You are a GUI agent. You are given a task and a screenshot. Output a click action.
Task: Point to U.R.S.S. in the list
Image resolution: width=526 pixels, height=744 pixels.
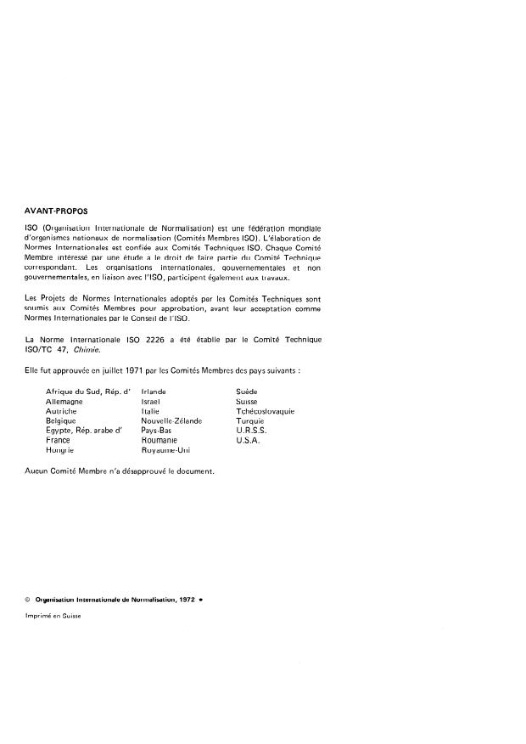pos(251,431)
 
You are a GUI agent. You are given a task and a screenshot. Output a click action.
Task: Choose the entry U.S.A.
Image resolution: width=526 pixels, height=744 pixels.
pos(248,441)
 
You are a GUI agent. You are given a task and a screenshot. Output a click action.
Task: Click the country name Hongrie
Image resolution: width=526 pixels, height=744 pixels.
pos(60,451)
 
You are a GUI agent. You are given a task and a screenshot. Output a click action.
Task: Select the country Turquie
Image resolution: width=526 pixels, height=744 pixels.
pos(251,420)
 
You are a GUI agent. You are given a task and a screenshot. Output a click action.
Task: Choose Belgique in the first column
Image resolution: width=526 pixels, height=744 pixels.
pos(61,420)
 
